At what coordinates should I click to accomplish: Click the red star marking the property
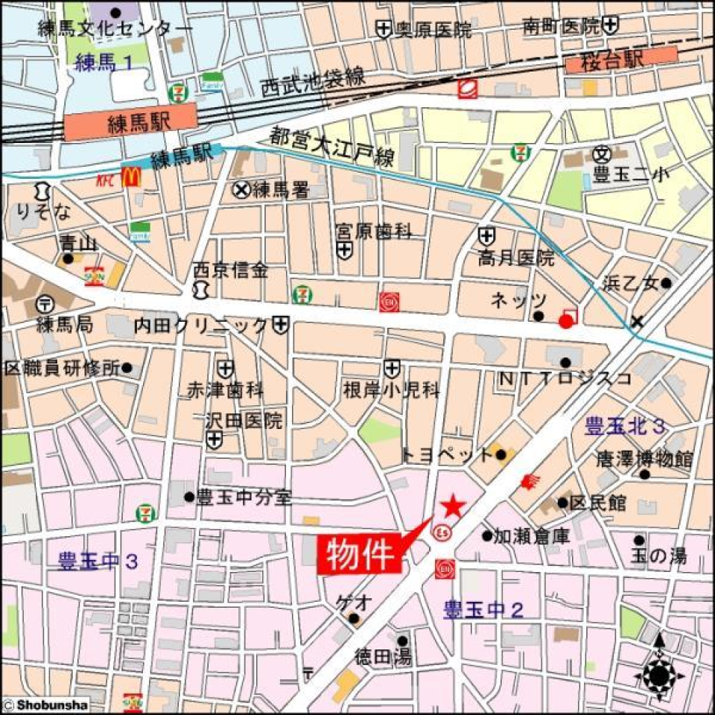[x=453, y=507]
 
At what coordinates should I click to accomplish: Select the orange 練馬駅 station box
[x=130, y=121]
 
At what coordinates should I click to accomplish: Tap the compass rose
[x=658, y=676]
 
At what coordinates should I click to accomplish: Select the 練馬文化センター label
[x=115, y=30]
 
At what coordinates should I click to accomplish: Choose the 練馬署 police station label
[x=280, y=191]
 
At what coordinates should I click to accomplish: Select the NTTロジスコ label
[x=565, y=378]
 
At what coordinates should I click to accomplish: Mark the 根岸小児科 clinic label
[x=391, y=390]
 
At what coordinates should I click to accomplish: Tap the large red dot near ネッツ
[x=566, y=321]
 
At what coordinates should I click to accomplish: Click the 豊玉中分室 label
[x=244, y=498]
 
